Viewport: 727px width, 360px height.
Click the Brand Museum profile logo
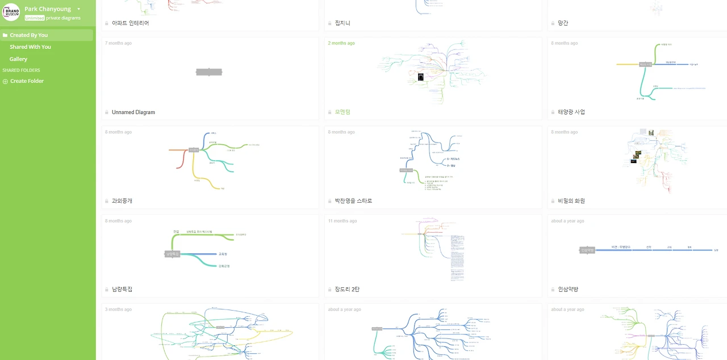(x=11, y=12)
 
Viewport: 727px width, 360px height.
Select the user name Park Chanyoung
(x=48, y=9)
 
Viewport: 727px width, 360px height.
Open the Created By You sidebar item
(x=29, y=35)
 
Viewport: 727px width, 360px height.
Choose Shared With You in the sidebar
(x=30, y=47)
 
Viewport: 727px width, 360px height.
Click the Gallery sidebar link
(x=18, y=59)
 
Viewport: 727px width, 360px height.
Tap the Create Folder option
(x=27, y=81)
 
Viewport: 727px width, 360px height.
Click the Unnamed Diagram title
(x=133, y=112)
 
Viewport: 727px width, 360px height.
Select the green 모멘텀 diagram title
(x=342, y=112)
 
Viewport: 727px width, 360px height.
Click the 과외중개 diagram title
(x=122, y=201)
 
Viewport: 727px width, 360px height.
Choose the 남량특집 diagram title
(x=122, y=290)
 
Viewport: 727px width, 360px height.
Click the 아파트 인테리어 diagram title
(x=130, y=23)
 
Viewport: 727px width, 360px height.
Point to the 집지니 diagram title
(x=342, y=23)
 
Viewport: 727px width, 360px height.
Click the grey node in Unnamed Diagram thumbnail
(x=209, y=72)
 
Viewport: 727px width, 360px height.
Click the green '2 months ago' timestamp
(x=341, y=43)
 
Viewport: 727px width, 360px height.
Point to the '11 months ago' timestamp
(x=342, y=221)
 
